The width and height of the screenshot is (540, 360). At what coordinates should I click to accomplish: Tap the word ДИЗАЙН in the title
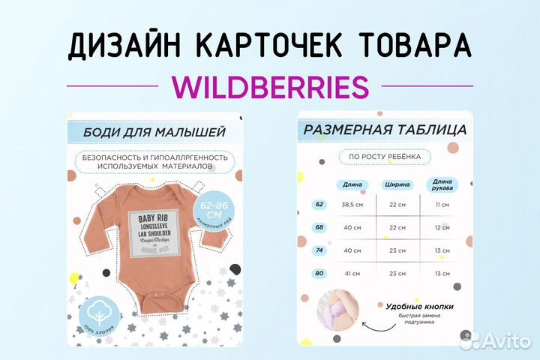click(x=121, y=46)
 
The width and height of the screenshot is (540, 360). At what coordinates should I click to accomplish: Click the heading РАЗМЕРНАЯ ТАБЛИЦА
click(x=383, y=130)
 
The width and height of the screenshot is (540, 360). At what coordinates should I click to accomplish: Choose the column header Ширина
click(x=396, y=184)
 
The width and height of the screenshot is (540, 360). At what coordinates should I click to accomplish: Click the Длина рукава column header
click(x=441, y=184)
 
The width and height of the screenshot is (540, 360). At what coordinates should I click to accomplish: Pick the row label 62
click(x=319, y=204)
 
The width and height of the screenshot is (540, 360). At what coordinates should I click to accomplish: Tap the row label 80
click(x=319, y=274)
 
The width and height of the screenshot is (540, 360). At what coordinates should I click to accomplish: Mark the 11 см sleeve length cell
click(x=441, y=205)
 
